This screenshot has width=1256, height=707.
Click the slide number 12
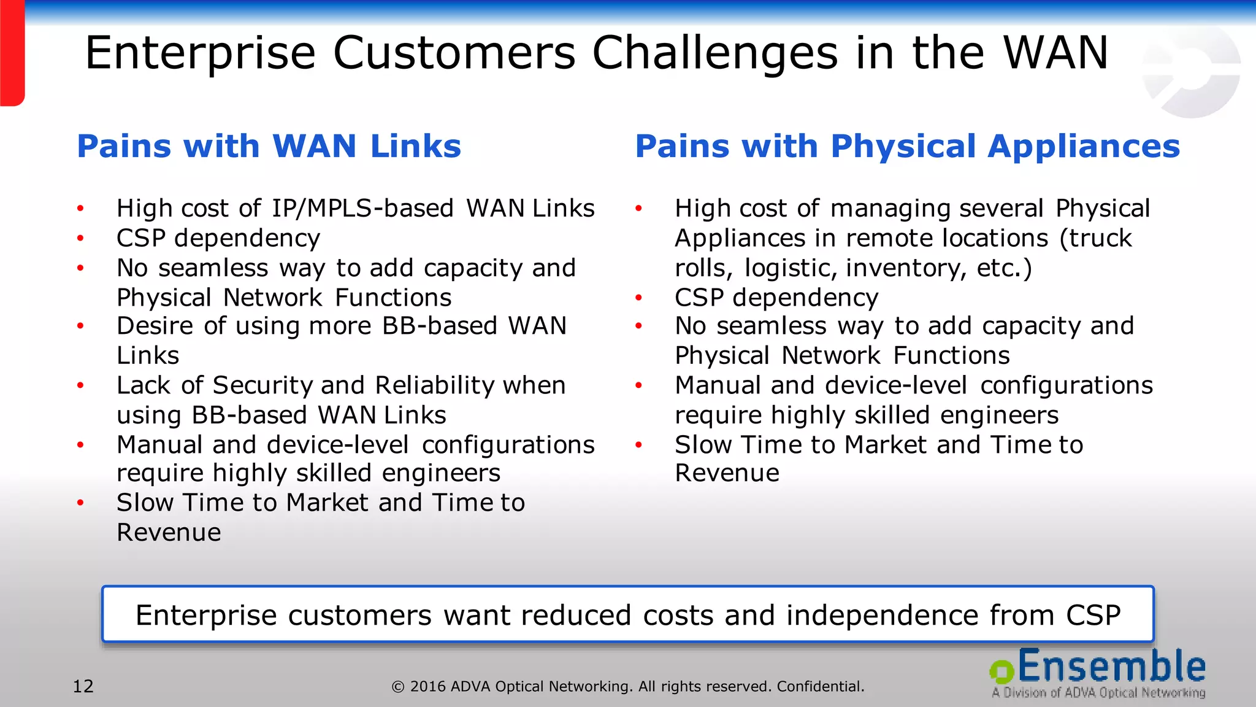tap(83, 686)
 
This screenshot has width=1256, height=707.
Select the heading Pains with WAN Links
tap(269, 146)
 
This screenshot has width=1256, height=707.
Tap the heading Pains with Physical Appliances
tap(907, 146)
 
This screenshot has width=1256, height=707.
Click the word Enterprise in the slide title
tap(200, 53)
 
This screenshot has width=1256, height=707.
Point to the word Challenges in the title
tap(714, 53)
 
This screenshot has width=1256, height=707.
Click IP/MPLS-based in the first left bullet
tap(362, 209)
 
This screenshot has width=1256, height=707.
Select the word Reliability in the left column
tap(435, 385)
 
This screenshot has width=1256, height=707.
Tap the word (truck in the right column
tap(1095, 238)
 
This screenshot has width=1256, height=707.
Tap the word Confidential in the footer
tap(820, 686)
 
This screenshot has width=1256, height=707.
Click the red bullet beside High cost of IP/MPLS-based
tap(80, 209)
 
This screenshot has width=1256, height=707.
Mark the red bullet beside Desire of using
tap(80, 326)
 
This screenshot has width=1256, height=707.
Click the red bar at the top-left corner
tap(12, 53)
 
